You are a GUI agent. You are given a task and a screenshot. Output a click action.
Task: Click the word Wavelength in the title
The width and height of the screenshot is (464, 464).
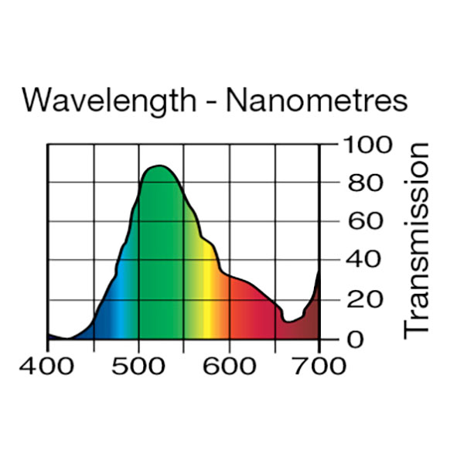click(x=109, y=101)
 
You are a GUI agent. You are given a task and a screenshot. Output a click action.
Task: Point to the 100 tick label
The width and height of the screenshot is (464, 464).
click(x=361, y=145)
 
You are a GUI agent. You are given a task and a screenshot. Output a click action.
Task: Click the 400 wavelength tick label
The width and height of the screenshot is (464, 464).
click(x=47, y=364)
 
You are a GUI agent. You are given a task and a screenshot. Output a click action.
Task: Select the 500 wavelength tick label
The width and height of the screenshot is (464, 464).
click(x=138, y=364)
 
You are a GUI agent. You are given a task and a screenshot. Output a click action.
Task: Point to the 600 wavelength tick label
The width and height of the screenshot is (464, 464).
click(x=229, y=364)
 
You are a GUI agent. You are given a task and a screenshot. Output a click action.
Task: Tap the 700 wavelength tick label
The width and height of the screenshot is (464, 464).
click(x=319, y=364)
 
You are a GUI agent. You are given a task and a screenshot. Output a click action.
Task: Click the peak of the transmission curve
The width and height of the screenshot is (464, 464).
click(x=159, y=166)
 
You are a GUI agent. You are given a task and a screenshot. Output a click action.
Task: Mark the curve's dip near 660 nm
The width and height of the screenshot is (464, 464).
click(x=287, y=321)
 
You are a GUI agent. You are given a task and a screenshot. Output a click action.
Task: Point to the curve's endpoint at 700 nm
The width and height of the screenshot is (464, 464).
click(x=319, y=272)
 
